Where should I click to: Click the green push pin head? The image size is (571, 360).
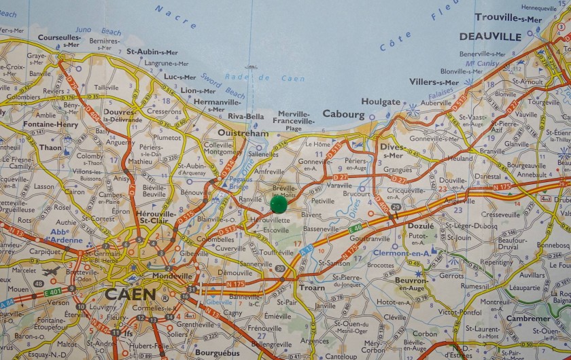279,203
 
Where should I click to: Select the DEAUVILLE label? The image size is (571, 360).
490,36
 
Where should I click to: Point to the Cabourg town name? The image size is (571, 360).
344,114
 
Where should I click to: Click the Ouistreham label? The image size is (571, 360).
243,134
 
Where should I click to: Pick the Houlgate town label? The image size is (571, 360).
381,102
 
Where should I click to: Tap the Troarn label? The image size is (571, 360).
312,288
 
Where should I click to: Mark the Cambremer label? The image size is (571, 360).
528,319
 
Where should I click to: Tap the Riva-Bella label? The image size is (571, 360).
245,116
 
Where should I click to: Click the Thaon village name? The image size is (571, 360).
50,147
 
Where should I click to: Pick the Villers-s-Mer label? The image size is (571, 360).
434,82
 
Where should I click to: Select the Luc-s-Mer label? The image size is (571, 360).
179,77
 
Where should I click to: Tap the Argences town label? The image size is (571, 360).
315,341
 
